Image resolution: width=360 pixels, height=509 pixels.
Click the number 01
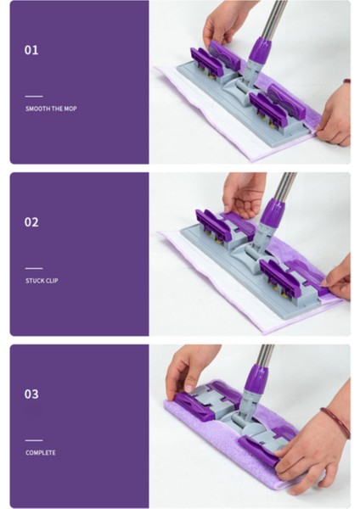31,50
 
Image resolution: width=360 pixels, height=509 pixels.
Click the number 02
31,222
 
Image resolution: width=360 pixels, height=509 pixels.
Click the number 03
31,394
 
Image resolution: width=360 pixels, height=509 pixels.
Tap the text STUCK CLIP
42,280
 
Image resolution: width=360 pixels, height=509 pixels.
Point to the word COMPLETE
40,453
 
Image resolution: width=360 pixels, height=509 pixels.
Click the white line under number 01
33,97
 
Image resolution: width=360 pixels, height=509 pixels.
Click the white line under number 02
33,268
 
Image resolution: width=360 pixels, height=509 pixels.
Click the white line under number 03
33,440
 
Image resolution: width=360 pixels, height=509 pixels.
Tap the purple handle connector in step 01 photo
259,52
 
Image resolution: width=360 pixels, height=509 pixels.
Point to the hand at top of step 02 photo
244,193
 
